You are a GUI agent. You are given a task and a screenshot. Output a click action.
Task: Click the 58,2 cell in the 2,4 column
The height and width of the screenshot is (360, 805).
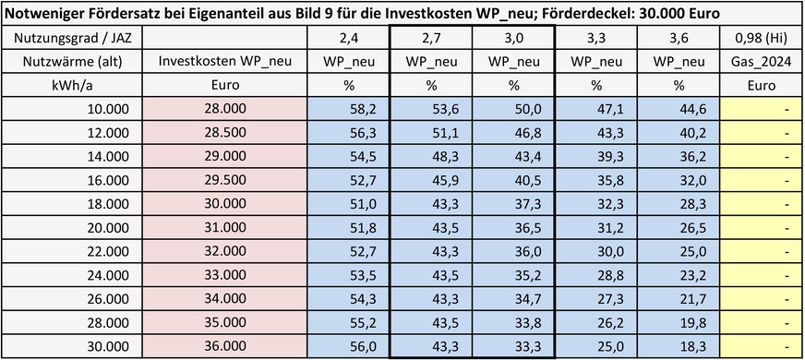tap(348, 109)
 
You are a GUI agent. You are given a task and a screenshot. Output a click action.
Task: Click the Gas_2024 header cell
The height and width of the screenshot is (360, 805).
tap(762, 62)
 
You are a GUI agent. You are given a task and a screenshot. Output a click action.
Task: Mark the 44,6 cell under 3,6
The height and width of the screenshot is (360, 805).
tap(679, 109)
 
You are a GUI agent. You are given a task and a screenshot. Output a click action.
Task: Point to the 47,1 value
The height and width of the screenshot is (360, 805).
tap(595, 109)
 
